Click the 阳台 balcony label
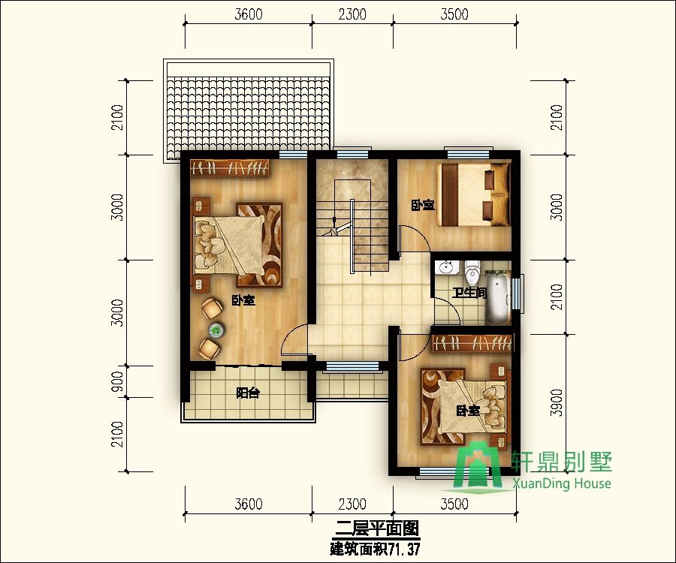pos(248,393)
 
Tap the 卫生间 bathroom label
pos(469,293)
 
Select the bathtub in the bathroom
pos(499,298)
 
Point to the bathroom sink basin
pos(445,267)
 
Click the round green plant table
pos(216,330)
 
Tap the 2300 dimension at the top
pos(352,14)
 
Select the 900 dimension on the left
pos(117,381)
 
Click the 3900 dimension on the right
pos(557,403)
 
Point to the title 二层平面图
pos(377,528)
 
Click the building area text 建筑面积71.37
pos(375,549)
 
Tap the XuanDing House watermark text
pos(562,483)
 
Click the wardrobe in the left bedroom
pos(230,167)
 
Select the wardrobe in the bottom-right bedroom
pos(472,343)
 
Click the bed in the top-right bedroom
pos(474,194)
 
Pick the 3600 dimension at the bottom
pos(249,504)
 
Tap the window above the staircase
pos(353,152)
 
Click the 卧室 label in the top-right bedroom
pos(422,205)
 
